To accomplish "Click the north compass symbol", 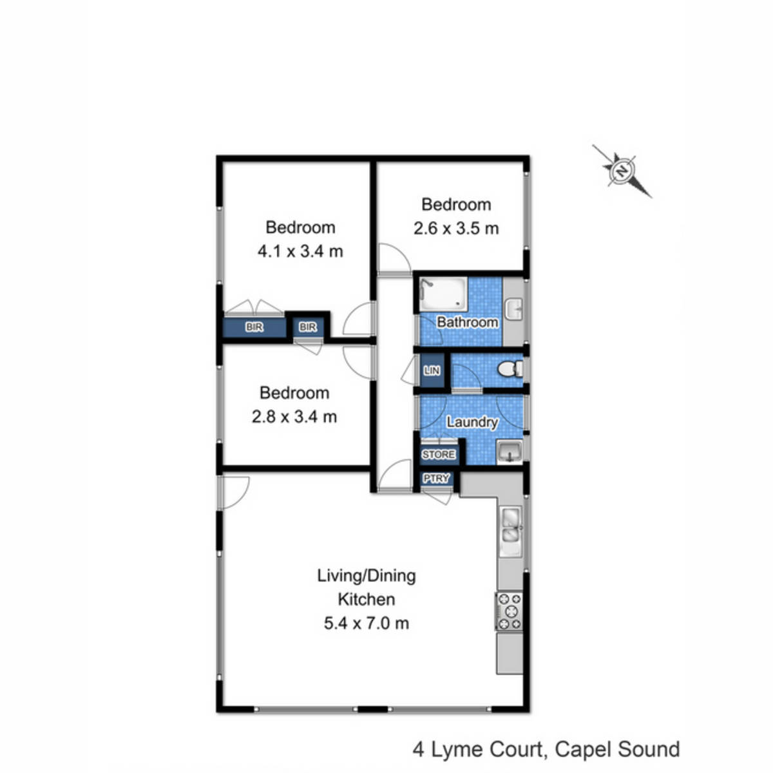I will tap(622, 171).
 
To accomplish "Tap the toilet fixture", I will tap(510, 370).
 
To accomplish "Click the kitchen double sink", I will tap(511, 526).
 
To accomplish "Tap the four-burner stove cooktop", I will tap(510, 611).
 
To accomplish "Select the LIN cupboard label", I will tap(432, 371).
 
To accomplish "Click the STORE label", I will tap(439, 455).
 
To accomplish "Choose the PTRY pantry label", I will tap(436, 479).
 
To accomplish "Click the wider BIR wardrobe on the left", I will tap(254, 327).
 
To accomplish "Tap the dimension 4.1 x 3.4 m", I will tap(300, 251).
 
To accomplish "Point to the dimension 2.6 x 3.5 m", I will tap(456, 229).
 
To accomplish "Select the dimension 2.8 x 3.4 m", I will tap(294, 417).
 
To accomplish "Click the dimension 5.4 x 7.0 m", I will tap(367, 623).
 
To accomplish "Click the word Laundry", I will tap(472, 422).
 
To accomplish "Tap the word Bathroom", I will tap(467, 321).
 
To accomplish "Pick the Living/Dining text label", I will tap(367, 575).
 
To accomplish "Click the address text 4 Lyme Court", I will tap(477, 749).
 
